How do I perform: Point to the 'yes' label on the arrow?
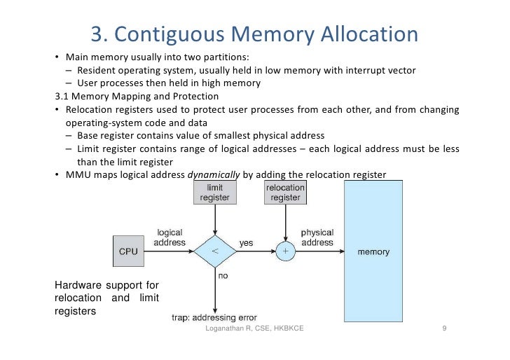(x=247, y=243)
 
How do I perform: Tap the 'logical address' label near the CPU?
(x=170, y=237)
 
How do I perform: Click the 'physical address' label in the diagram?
(x=317, y=237)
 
